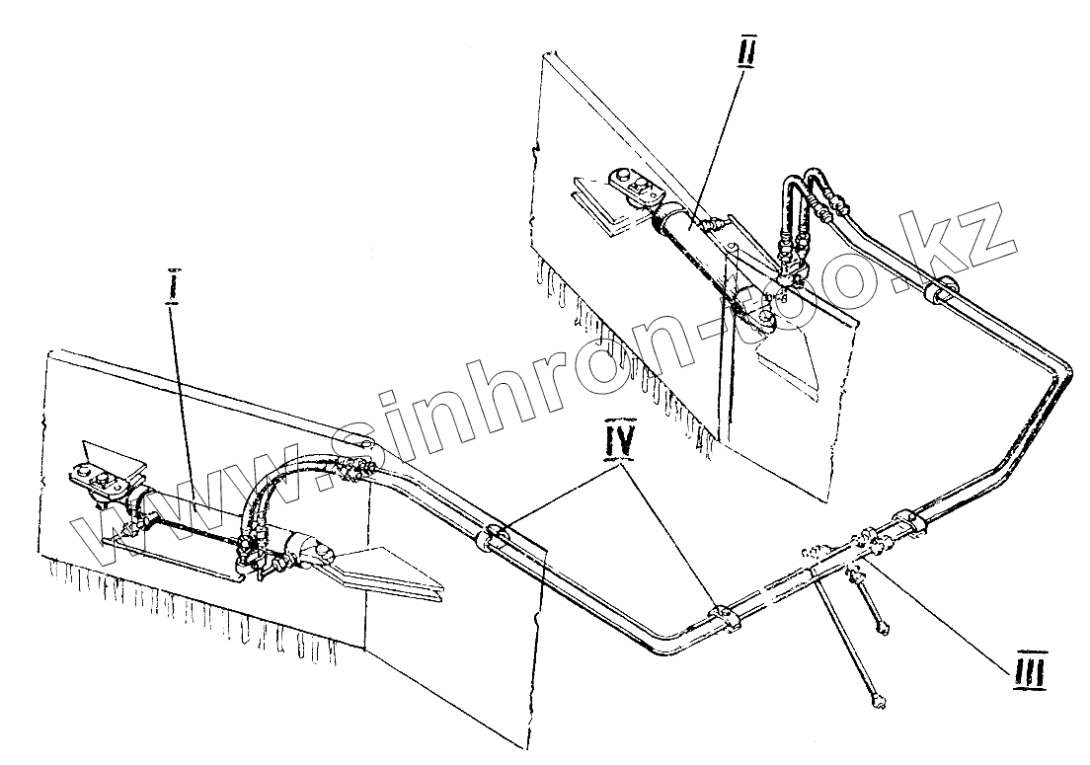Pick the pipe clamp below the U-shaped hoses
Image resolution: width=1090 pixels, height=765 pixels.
pos(940,291)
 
